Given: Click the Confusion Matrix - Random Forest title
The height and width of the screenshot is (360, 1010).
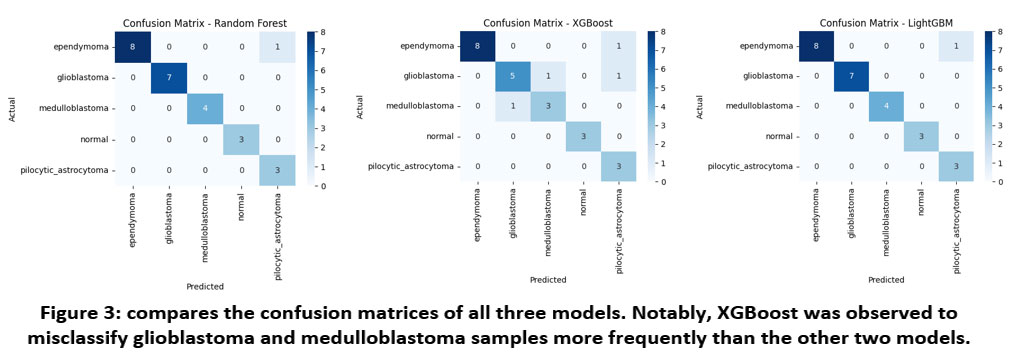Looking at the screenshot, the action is click(x=204, y=24).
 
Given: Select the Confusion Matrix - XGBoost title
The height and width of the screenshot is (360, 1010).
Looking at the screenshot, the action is click(x=549, y=24).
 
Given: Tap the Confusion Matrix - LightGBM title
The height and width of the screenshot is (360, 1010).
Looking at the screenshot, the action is click(x=886, y=24).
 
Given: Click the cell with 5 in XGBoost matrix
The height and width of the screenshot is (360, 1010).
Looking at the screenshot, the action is click(x=513, y=77).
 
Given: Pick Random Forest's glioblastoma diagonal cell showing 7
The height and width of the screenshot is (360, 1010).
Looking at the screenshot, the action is click(x=168, y=78).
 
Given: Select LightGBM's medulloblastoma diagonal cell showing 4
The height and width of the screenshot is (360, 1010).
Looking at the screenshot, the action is click(x=886, y=107).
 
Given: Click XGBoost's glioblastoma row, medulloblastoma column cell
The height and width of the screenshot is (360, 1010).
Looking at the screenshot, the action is click(x=549, y=77).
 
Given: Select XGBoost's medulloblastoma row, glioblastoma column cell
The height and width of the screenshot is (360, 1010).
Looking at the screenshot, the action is click(x=513, y=107).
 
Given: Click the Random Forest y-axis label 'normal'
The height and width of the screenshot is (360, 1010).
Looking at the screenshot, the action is click(x=95, y=140).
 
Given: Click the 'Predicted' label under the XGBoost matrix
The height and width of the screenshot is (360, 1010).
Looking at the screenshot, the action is click(x=548, y=280).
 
